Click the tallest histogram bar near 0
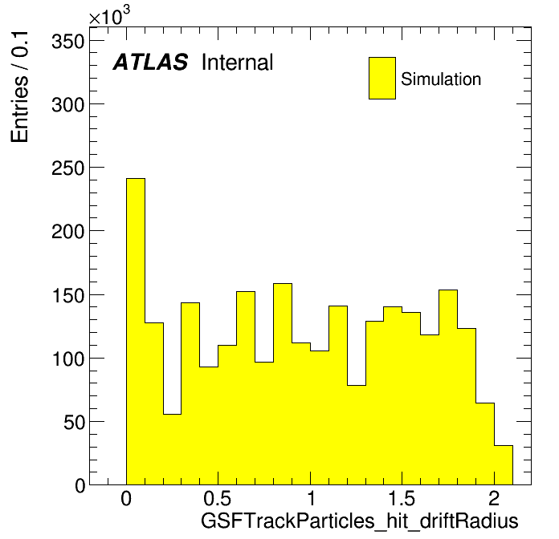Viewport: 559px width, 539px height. click(136, 331)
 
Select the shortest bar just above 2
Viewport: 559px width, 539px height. click(504, 465)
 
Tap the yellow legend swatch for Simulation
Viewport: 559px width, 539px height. click(382, 78)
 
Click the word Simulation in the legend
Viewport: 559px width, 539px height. click(441, 79)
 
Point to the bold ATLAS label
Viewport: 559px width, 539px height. click(150, 62)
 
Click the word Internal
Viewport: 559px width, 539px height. click(238, 63)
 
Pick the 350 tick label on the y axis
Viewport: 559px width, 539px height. click(67, 42)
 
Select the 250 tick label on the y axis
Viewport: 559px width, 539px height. click(67, 168)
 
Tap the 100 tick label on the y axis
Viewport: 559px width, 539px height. click(67, 359)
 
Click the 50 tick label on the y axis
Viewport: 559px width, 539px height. click(74, 423)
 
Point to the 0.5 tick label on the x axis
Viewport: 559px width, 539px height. click(218, 499)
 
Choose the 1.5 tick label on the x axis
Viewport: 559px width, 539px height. click(402, 499)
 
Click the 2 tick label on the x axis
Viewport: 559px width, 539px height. click(494, 499)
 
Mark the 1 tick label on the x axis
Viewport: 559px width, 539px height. click(311, 499)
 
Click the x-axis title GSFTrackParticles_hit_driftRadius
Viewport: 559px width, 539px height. click(359, 521)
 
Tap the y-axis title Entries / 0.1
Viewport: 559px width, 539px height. click(19, 87)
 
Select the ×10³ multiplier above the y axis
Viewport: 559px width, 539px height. click(109, 15)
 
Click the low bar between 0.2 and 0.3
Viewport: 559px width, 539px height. click(173, 449)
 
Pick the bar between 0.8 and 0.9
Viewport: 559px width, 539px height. click(283, 384)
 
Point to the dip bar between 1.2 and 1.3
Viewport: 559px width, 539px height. click(357, 435)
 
